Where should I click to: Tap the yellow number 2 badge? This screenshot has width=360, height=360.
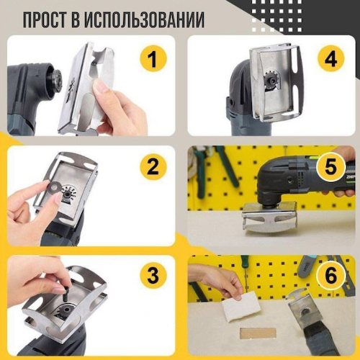(x=152, y=168)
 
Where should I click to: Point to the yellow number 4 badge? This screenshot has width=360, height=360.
(x=330, y=58)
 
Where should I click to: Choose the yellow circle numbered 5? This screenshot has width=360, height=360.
(x=330, y=168)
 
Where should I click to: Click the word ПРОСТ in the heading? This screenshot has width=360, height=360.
(x=51, y=19)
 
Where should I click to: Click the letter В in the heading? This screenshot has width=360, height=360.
(x=87, y=19)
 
